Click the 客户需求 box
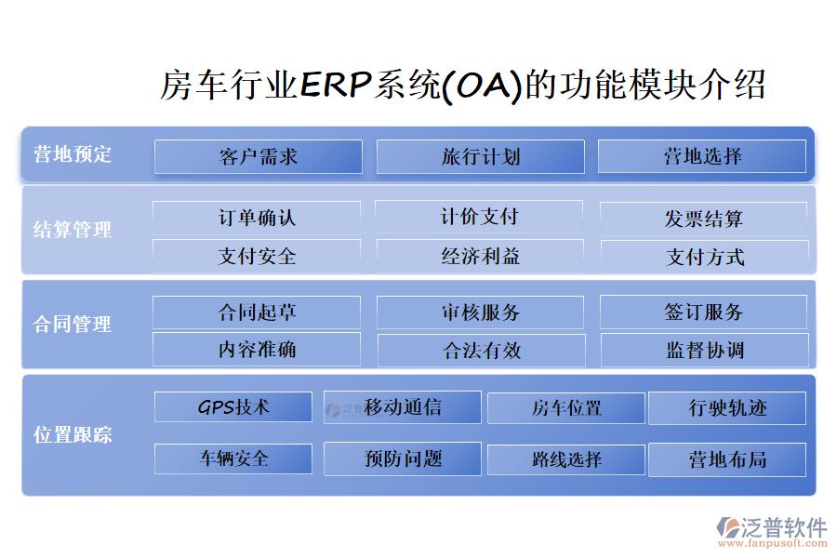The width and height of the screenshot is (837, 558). tap(259, 156)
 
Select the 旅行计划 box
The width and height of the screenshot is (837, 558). tap(481, 156)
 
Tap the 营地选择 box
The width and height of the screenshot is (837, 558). tap(702, 156)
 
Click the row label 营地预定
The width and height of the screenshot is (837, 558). tap(73, 154)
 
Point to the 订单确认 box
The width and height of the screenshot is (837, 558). tap(257, 218)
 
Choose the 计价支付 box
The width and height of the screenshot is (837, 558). tap(479, 217)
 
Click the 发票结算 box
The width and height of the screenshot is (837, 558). tap(704, 219)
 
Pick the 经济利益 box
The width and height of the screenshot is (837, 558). tap(481, 257)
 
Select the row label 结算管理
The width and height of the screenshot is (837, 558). tap(73, 230)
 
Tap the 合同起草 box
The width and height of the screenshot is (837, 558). tap(257, 312)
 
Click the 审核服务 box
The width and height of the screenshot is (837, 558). tap(481, 312)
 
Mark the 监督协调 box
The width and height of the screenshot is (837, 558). tap(705, 351)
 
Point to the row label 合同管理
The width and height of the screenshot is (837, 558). tap(73, 325)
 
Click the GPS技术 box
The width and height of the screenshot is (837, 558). tap(233, 407)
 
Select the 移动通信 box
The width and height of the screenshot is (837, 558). tap(403, 407)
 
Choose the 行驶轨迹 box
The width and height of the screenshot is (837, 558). tap(727, 408)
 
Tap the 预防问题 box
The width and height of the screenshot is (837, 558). tap(403, 458)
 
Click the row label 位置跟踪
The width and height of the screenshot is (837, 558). tap(73, 434)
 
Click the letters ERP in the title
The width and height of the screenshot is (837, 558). tap(336, 85)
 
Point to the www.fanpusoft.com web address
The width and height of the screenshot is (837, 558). tap(773, 543)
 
